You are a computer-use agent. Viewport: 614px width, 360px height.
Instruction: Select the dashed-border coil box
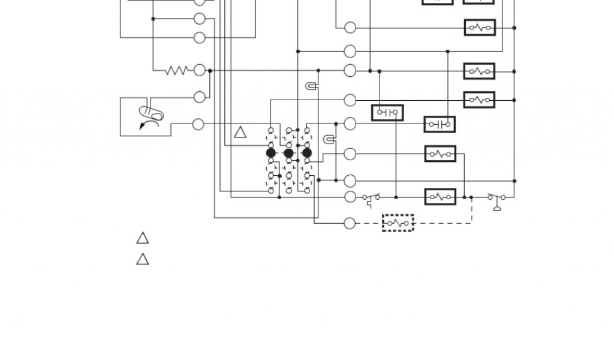click(398, 223)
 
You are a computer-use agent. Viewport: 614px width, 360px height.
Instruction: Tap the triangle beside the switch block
click(240, 133)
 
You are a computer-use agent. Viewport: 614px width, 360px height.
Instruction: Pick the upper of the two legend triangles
click(142, 238)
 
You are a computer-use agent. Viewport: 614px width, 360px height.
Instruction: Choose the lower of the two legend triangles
click(142, 259)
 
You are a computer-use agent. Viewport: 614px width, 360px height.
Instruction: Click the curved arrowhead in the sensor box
click(142, 126)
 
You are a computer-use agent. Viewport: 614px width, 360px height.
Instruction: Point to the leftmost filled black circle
click(271, 154)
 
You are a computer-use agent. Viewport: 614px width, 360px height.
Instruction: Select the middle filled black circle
click(289, 154)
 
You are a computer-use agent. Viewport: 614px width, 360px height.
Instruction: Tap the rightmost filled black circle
click(307, 154)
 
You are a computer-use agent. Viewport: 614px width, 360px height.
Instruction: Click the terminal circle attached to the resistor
click(200, 71)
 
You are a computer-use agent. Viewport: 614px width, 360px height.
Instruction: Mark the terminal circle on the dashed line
click(350, 223)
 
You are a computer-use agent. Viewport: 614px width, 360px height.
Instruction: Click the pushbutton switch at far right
click(496, 199)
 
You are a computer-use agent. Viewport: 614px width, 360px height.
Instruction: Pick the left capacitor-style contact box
click(387, 112)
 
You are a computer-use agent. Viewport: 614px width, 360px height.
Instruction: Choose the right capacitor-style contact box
click(440, 124)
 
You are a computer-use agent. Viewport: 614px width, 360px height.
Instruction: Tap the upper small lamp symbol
click(311, 86)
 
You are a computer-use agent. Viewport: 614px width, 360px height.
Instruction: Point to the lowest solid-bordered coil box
click(440, 197)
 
